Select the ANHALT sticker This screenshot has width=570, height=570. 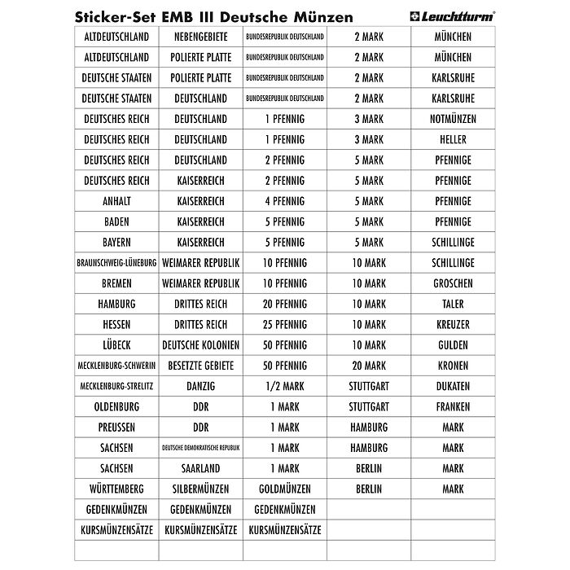point(116,201)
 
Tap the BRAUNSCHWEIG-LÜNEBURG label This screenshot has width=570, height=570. point(116,263)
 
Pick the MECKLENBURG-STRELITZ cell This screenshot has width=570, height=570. point(116,386)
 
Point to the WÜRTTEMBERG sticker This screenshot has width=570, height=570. point(116,489)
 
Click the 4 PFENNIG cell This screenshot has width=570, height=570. point(285,201)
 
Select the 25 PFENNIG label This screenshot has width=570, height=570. point(285,324)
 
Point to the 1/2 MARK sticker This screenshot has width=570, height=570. point(285,386)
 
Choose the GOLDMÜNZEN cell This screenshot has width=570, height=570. point(285,489)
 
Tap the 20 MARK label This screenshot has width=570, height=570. point(369,366)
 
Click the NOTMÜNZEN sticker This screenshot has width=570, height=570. point(453,119)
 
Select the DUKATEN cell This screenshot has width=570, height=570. point(453,386)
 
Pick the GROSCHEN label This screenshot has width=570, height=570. point(453,283)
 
